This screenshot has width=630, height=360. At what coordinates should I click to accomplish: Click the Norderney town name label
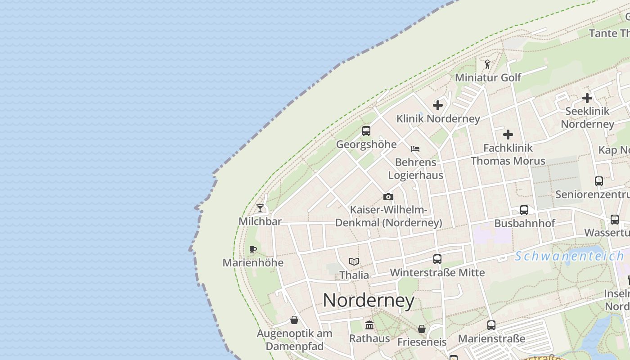[x=369, y=300]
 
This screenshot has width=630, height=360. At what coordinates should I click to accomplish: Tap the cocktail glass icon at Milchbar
[x=260, y=208]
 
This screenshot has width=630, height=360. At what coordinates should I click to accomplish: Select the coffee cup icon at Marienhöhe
[x=253, y=249]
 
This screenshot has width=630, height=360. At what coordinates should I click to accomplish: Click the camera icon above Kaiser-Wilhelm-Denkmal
[x=388, y=197]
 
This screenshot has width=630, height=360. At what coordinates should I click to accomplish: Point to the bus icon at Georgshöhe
[x=366, y=131]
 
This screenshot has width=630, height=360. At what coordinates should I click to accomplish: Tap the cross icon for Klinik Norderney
[x=438, y=105]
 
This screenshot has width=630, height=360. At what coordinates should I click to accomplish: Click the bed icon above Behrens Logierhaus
[x=415, y=148]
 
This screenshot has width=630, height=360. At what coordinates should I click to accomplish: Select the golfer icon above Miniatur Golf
[x=487, y=64]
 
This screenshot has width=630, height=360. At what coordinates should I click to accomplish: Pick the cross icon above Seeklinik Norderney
[x=587, y=98]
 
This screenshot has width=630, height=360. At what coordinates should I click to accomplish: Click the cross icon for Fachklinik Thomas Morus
[x=508, y=134]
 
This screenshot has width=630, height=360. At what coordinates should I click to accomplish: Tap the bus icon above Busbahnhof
[x=524, y=210]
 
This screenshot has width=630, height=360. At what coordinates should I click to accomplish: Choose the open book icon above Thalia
[x=354, y=261]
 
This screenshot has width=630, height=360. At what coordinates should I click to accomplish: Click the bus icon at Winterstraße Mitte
[x=437, y=259]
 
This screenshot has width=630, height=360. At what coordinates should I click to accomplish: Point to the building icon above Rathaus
[x=369, y=325]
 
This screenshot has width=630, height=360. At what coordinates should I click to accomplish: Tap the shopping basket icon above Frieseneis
[x=422, y=329]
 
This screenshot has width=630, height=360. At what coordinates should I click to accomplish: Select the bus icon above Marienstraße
[x=491, y=325]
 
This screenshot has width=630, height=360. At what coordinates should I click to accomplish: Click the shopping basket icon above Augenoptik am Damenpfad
[x=294, y=320]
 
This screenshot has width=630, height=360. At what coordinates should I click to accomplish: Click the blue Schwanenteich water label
[x=569, y=256]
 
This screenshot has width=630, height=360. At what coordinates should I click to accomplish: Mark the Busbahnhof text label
[x=525, y=223]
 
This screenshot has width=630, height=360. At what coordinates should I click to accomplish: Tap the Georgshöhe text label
[x=366, y=144]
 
